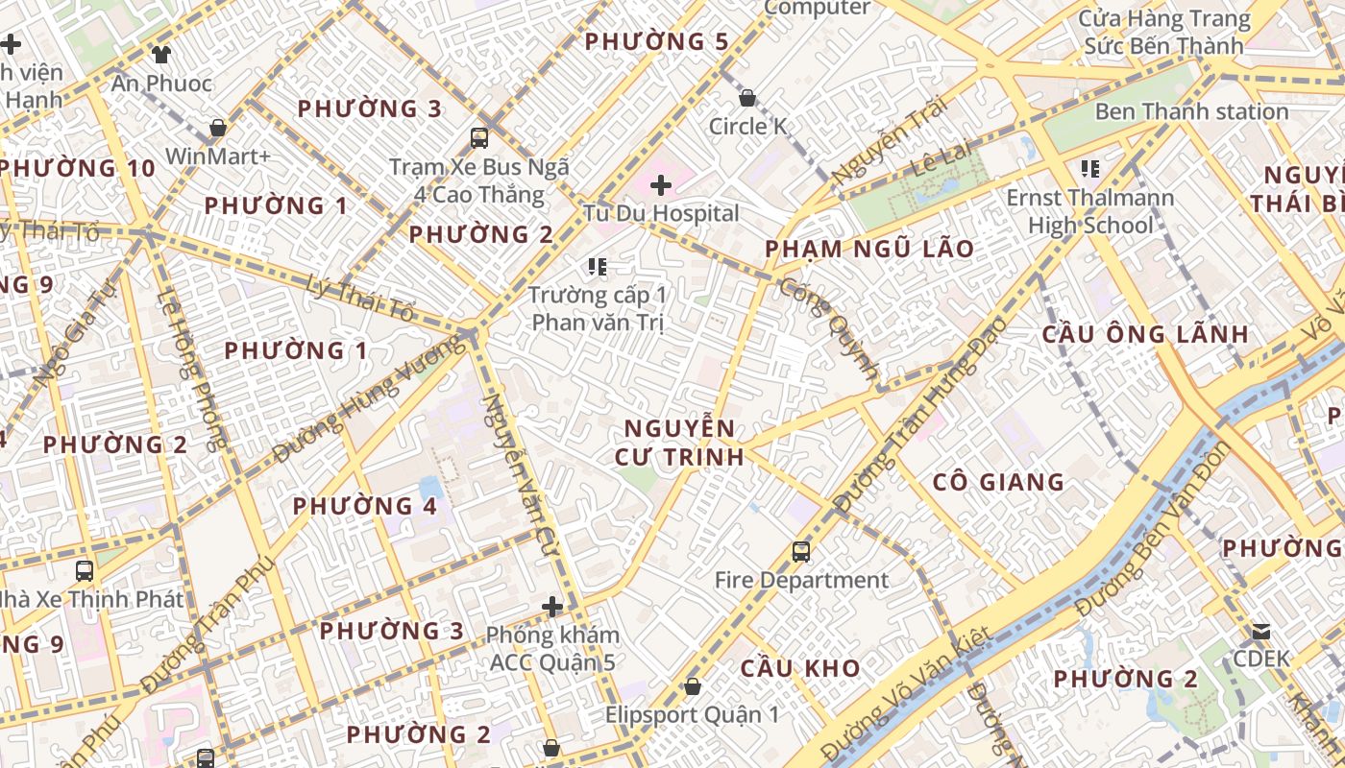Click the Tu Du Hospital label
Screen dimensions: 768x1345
pyautogui.click(x=661, y=213)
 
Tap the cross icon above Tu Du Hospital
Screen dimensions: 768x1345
pyautogui.click(x=661, y=184)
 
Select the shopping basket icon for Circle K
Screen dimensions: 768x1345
pyautogui.click(x=747, y=98)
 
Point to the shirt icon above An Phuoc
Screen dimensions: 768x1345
pyautogui.click(x=160, y=55)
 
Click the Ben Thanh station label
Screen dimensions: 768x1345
pyautogui.click(x=1191, y=111)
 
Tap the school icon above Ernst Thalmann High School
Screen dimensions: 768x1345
pyautogui.click(x=1089, y=170)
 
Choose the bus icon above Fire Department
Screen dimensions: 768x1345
pyautogui.click(x=801, y=552)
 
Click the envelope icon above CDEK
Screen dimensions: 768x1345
pyautogui.click(x=1260, y=632)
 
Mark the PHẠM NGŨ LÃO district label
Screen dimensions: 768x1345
pyautogui.click(x=868, y=250)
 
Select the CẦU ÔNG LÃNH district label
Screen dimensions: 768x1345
pyautogui.click(x=1145, y=335)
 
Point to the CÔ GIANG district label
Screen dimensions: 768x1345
pyautogui.click(x=999, y=482)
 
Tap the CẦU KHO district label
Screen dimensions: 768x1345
pyautogui.click(x=799, y=668)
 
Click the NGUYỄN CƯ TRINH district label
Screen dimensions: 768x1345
pyautogui.click(x=679, y=443)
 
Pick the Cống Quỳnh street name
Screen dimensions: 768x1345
pyautogui.click(x=829, y=328)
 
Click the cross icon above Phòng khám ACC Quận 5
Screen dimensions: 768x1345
pyautogui.click(x=552, y=607)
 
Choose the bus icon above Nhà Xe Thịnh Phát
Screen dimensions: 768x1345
pyautogui.click(x=85, y=571)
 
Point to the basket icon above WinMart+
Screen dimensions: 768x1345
pyautogui.click(x=218, y=128)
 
